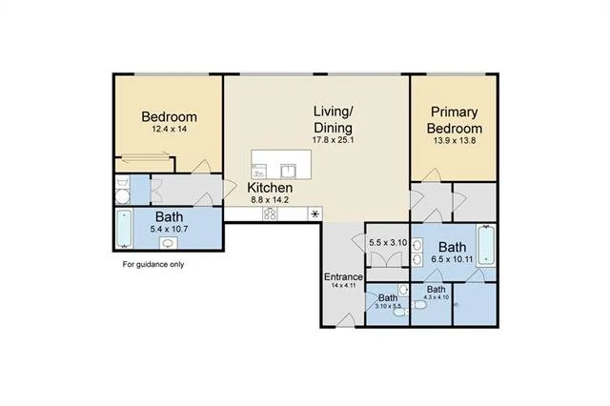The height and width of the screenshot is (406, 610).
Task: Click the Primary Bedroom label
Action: (455, 120)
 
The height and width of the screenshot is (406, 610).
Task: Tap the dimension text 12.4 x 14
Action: (170, 129)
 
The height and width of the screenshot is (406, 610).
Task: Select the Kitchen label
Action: (270, 188)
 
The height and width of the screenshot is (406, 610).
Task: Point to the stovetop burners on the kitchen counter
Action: (270, 213)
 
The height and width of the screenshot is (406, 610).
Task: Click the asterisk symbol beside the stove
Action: (315, 213)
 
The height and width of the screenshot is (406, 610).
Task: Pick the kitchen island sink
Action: (288, 172)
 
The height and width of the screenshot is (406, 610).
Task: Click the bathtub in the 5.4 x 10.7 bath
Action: (125, 229)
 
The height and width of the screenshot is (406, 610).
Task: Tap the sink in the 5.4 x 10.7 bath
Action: (169, 243)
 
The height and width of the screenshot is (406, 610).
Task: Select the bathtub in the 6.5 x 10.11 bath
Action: (486, 246)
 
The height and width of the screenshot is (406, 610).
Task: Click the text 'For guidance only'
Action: (153, 264)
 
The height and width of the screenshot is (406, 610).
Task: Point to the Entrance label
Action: (343, 277)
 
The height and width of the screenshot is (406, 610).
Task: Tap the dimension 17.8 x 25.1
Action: (334, 140)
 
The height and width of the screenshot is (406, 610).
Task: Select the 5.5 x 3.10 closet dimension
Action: (388, 243)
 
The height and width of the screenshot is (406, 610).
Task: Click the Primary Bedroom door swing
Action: (432, 175)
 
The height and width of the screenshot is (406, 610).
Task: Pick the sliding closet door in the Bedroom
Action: (145, 156)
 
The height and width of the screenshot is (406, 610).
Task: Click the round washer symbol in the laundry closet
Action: (123, 196)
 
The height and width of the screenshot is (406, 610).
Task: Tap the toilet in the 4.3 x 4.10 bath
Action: (419, 305)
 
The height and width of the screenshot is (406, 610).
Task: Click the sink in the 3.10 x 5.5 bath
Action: (403, 290)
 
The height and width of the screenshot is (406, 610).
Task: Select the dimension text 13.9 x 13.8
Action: (455, 141)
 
